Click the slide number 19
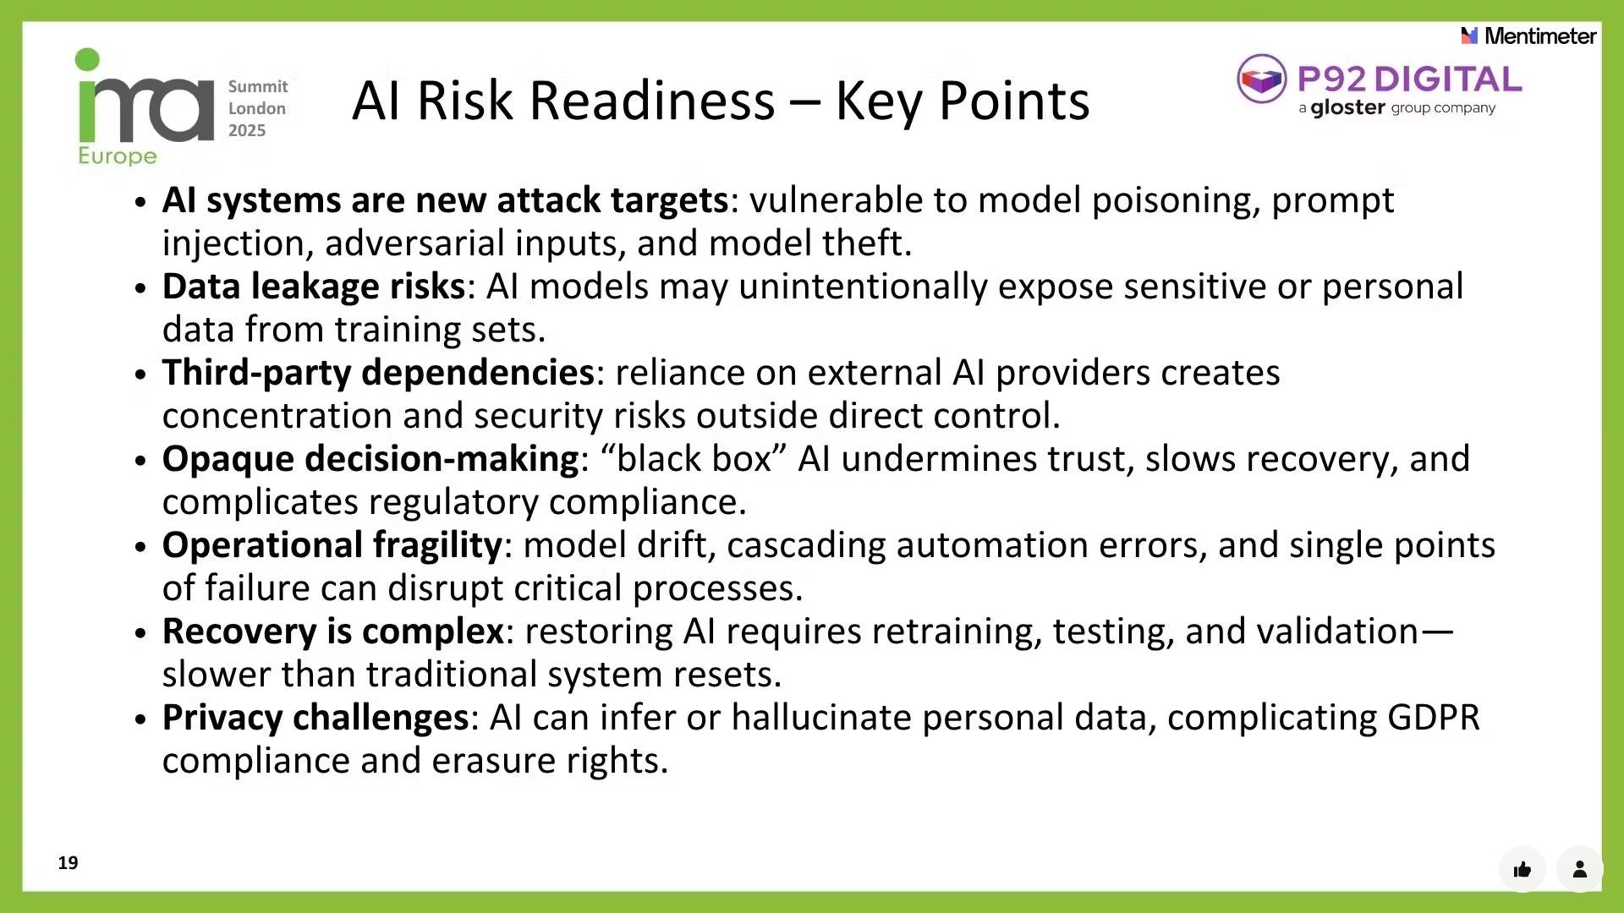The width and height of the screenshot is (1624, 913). (x=69, y=862)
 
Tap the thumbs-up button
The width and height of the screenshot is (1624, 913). (x=1522, y=869)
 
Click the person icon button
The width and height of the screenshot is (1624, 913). (x=1579, y=869)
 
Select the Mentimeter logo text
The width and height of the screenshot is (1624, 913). (x=1540, y=36)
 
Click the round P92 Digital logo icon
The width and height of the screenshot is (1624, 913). (x=1261, y=79)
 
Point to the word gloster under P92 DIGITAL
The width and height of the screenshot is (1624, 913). (x=1347, y=108)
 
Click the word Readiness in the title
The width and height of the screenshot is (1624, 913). (x=596, y=101)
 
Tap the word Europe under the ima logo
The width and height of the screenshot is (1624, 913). (x=118, y=156)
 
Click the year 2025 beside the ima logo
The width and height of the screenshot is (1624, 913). (x=247, y=130)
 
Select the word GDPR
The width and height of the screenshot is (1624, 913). (x=1434, y=718)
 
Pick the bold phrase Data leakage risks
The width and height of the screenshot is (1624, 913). (x=314, y=287)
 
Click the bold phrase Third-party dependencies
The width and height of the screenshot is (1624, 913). (x=379, y=373)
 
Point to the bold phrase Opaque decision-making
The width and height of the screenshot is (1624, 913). (x=371, y=459)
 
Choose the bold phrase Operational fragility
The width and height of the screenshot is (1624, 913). (x=332, y=545)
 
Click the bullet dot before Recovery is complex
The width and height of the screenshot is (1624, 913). (x=140, y=633)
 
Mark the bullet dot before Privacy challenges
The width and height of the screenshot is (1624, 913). (x=140, y=719)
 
